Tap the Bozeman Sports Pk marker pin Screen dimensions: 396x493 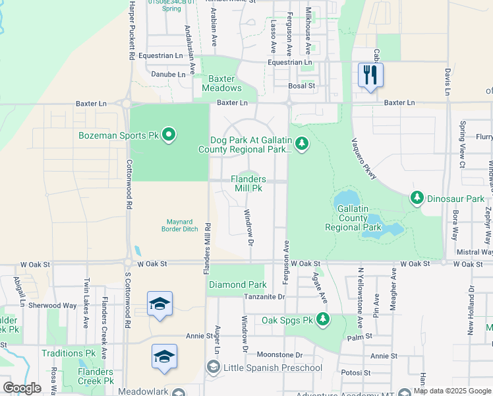169,135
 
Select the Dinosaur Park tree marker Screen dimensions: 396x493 417,197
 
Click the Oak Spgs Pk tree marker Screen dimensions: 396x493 322,319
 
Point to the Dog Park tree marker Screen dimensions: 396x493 301,143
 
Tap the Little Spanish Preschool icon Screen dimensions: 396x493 214,367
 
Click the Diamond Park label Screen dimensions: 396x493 237,285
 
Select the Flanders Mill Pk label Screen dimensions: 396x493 248,183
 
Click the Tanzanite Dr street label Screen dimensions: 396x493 262,297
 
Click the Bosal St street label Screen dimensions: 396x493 302,86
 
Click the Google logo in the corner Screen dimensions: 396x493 22,388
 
